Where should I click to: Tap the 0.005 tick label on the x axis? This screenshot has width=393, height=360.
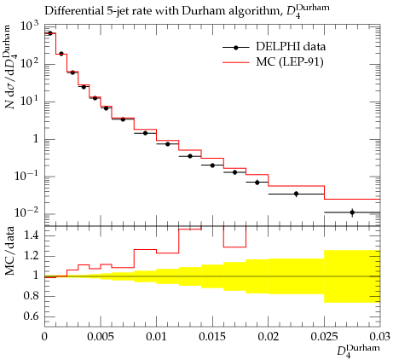(101, 336)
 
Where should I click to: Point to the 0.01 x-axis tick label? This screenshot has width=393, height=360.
(156, 336)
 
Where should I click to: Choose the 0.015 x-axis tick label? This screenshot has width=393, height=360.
(212, 336)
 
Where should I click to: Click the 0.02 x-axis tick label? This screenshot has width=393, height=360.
(269, 336)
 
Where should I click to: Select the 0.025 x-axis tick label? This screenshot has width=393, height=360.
(324, 336)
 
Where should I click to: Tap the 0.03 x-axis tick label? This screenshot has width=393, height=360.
(380, 336)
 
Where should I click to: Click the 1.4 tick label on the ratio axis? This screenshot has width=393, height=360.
(31, 235)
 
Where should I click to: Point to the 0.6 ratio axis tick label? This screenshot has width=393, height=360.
(31, 316)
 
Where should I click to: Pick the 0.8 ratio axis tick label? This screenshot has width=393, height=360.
(31, 296)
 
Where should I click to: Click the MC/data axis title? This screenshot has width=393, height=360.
(9, 251)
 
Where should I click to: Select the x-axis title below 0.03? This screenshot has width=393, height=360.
(358, 351)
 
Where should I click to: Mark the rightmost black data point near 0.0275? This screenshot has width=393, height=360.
(352, 212)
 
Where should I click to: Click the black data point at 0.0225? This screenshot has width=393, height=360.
(297, 194)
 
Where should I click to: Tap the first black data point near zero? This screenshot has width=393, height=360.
(50, 33)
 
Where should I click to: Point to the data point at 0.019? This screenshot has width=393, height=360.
(257, 183)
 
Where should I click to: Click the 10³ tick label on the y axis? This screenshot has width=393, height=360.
(29, 26)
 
